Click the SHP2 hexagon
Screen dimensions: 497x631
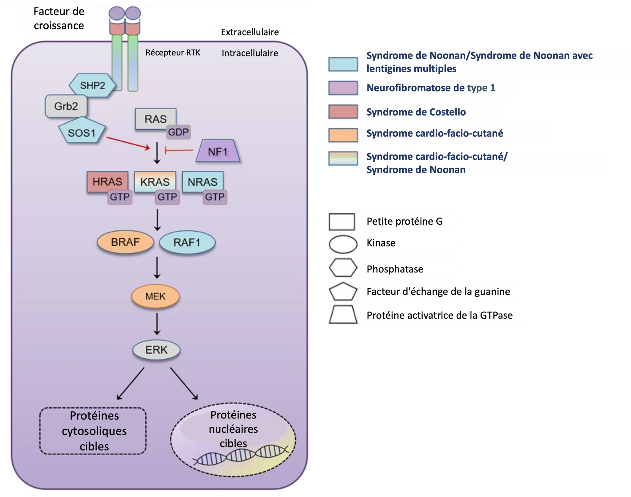92,85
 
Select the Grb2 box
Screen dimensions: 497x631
66,106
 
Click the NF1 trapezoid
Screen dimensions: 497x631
218,151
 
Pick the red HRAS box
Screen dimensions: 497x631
107,181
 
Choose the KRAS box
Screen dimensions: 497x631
155,181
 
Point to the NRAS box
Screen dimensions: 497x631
202,181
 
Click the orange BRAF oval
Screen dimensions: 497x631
125,242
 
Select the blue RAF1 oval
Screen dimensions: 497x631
187,242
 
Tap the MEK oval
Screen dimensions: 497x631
155,296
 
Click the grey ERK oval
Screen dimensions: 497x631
156,350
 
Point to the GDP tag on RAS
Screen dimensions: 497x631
178,132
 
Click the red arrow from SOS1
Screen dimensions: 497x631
128,143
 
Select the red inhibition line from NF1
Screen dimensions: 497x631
179,150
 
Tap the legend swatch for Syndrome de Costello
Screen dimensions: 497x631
343,112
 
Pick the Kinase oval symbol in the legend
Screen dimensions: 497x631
343,244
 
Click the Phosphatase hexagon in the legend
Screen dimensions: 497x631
343,267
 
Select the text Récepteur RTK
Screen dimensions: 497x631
173,53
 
